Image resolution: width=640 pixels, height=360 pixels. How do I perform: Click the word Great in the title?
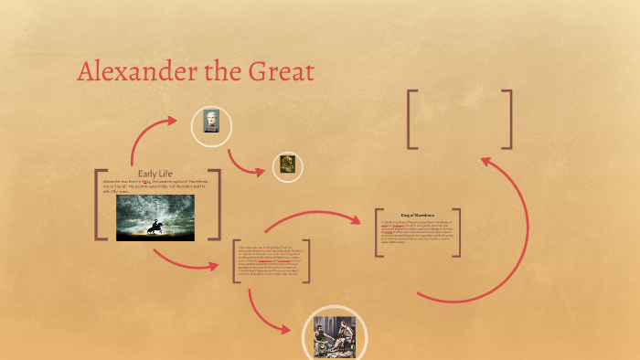click(278, 72)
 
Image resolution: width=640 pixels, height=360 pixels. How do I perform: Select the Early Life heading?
click(155, 174)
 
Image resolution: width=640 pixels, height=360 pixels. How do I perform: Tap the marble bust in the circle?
click(211, 122)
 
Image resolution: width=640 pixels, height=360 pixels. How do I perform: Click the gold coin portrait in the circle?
click(288, 165)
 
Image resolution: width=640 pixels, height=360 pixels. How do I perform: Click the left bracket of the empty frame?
click(411, 119)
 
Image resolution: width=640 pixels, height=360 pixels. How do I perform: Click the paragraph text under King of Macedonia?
click(416, 233)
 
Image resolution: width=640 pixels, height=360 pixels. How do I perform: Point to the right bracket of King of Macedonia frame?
click(457, 233)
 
